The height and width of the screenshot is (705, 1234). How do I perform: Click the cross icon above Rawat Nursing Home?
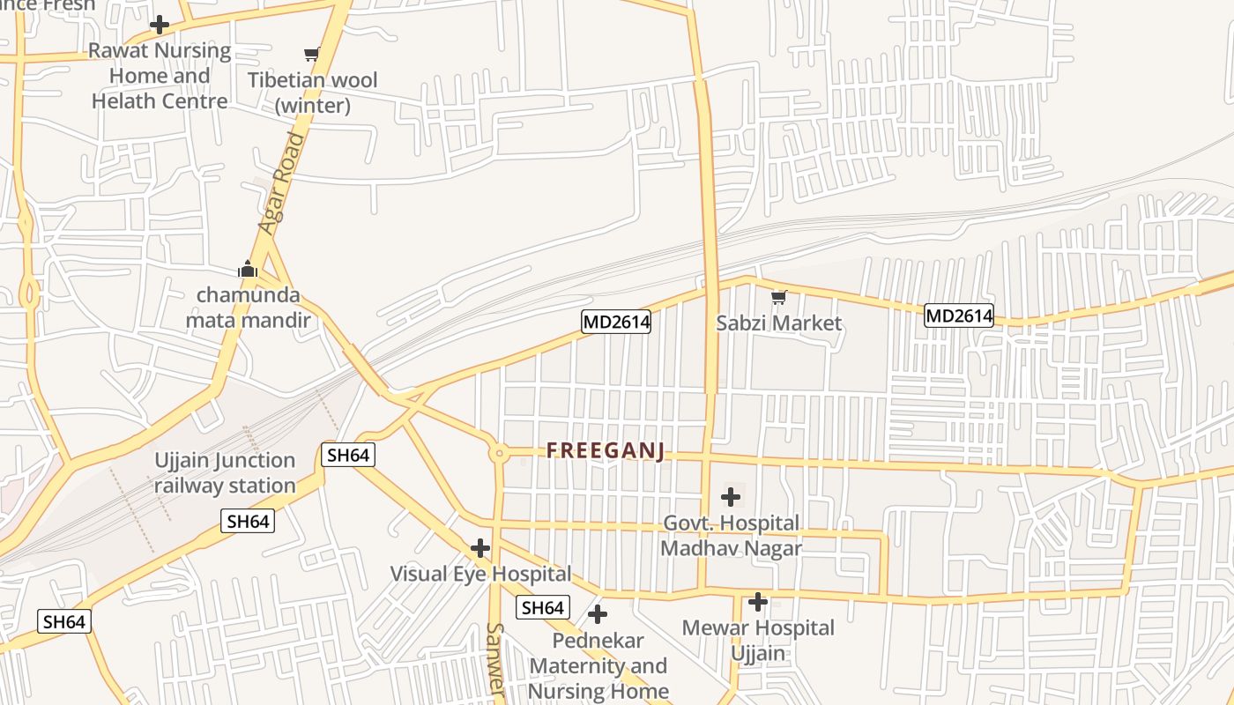coord(160,24)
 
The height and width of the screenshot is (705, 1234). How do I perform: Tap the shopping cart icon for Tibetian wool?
coord(311,55)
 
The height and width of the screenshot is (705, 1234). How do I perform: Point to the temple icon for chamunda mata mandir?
coord(248,268)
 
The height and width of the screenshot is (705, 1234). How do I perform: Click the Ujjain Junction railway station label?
coord(225,473)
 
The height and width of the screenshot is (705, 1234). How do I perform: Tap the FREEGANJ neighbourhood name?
coord(605,451)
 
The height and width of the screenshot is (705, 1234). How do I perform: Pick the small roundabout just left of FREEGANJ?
coord(499,454)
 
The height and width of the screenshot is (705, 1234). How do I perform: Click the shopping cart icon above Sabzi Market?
coord(778,298)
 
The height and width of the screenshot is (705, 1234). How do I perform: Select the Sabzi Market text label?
coord(778,323)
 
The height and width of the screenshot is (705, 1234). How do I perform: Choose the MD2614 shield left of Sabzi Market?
coord(616,322)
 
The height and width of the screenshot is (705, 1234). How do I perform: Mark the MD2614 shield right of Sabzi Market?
coord(959,315)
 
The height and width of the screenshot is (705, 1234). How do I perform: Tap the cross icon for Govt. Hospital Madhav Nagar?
coord(731,497)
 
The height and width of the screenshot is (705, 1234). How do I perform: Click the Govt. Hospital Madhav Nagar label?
coord(731,536)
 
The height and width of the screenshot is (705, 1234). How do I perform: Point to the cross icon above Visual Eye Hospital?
coord(480,548)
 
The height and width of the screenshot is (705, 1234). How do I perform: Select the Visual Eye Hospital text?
coord(480,574)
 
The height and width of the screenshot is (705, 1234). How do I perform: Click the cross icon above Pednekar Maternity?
coord(598,614)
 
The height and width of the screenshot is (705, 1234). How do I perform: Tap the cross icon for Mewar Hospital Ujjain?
coord(758,603)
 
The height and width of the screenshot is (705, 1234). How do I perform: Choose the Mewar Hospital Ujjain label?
coord(758,641)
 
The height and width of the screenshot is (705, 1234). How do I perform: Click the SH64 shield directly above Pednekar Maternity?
coord(542,607)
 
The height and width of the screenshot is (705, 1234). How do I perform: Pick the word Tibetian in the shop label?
coord(287,80)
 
